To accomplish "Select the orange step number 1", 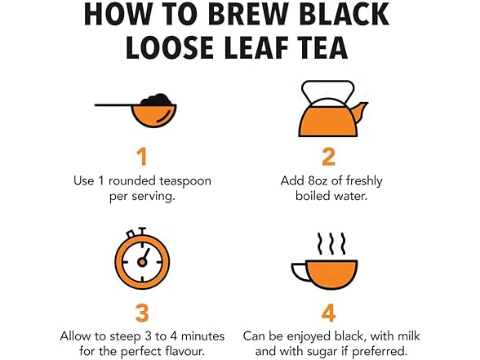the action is click(x=142, y=157).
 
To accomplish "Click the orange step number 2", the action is click(x=329, y=157).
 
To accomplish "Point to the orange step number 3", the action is click(x=142, y=313).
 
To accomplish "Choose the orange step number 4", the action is click(x=329, y=313).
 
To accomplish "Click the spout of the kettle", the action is click(x=360, y=111).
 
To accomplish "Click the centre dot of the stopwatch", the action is click(x=142, y=262).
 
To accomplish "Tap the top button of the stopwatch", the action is click(x=142, y=230).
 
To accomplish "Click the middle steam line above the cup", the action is click(x=331, y=243).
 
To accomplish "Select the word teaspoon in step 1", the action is click(x=185, y=181).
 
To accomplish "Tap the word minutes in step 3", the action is click(x=203, y=336).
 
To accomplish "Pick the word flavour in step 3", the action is click(x=184, y=351).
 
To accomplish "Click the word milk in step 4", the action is click(x=408, y=336).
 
